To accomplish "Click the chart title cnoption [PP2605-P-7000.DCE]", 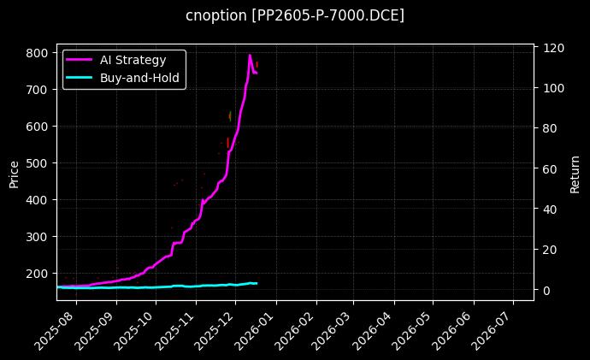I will [295, 16].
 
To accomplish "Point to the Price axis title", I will [14, 174].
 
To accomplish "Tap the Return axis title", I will [575, 174].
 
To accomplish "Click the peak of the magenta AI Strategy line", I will [250, 56].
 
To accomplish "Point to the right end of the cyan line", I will [257, 283].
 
